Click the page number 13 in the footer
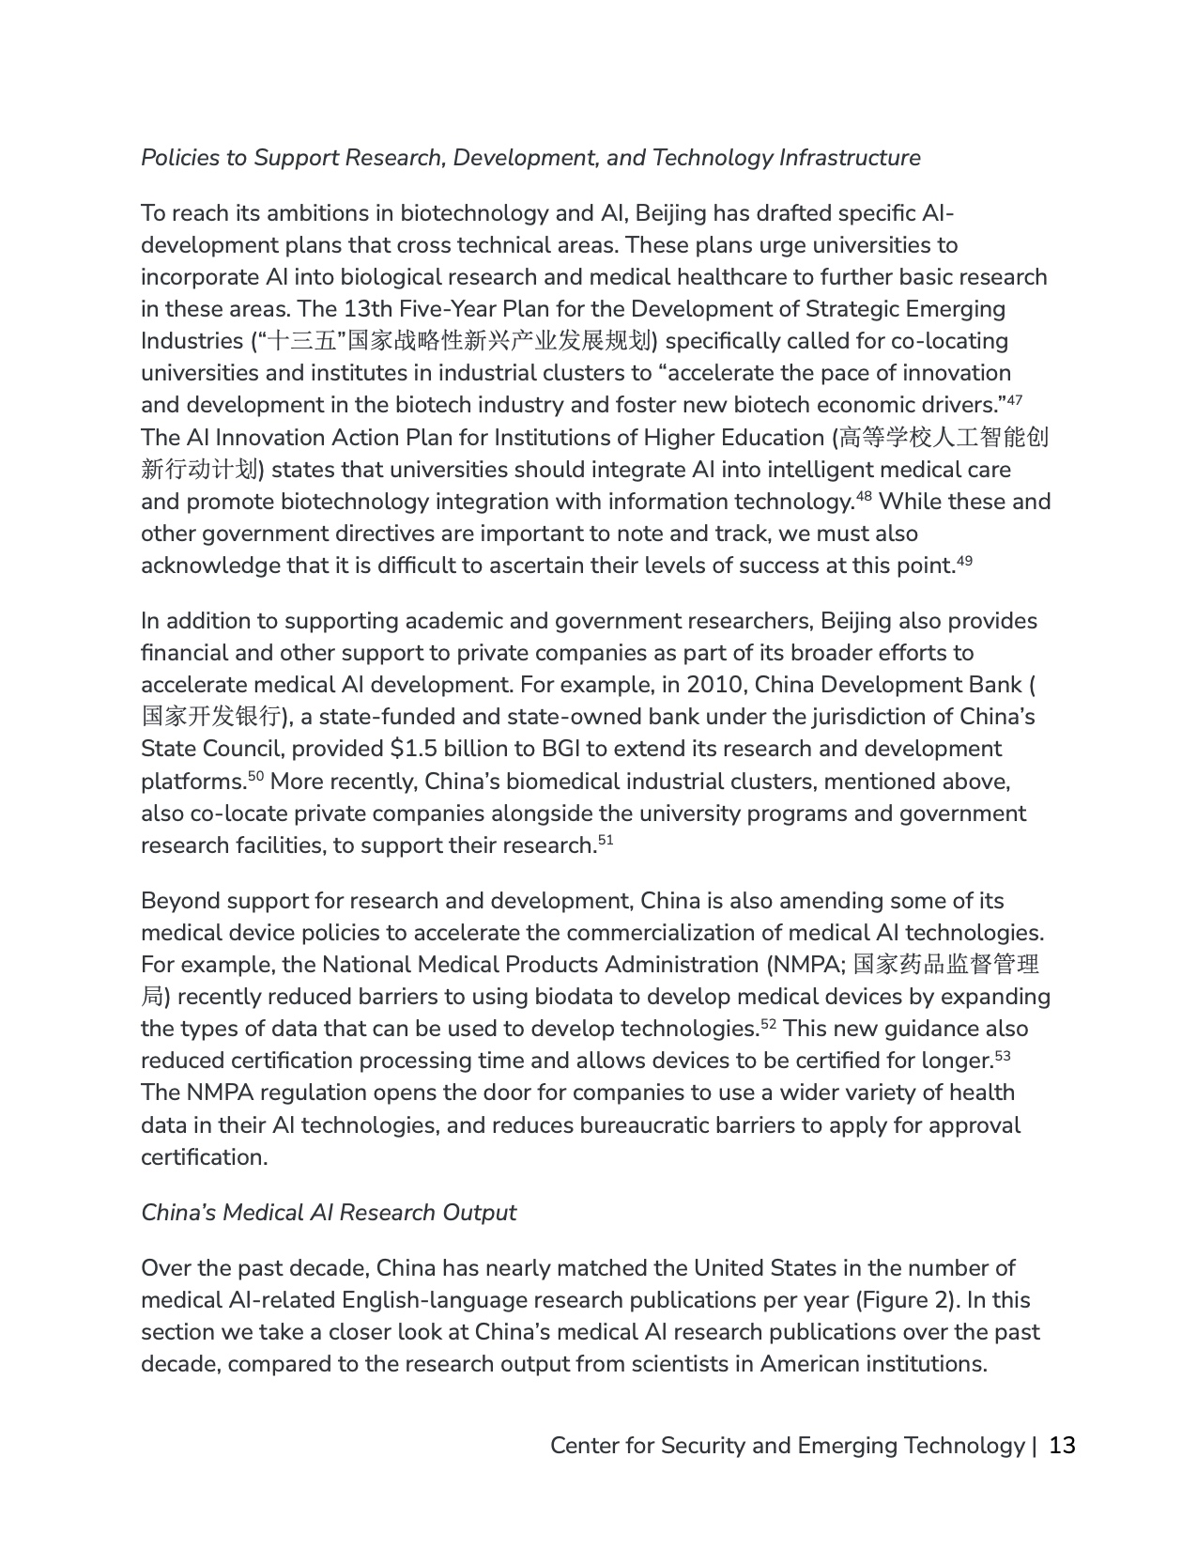pyautogui.click(x=1062, y=1445)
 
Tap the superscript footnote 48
pyautogui.click(x=864, y=496)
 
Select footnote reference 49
pyautogui.click(x=964, y=560)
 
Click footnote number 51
pyautogui.click(x=605, y=840)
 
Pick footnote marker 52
pyautogui.click(x=768, y=1023)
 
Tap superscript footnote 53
pyautogui.click(x=1002, y=1055)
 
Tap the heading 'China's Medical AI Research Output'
pyautogui.click(x=329, y=1213)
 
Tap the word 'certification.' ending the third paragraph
pyautogui.click(x=204, y=1157)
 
